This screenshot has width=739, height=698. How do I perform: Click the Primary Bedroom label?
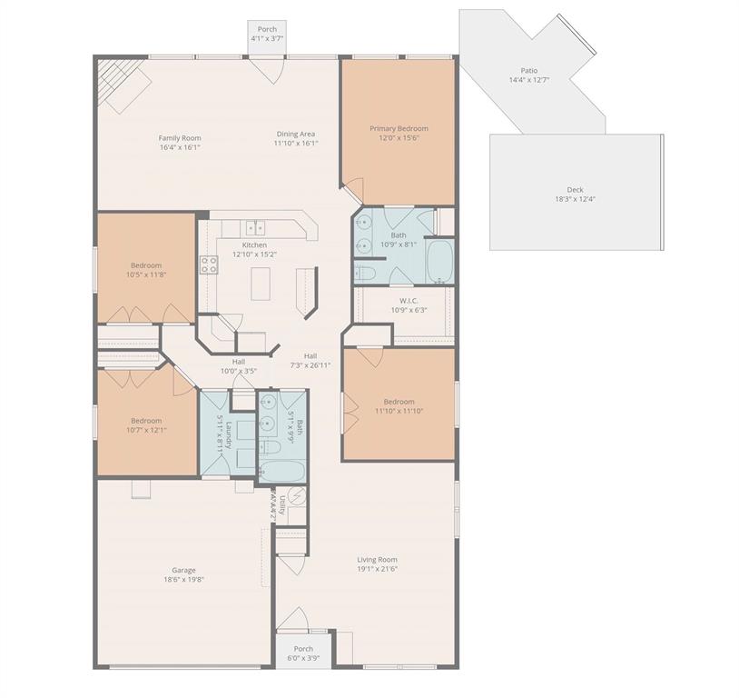pyautogui.click(x=399, y=129)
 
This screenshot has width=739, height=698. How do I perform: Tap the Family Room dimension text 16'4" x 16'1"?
pyautogui.click(x=179, y=147)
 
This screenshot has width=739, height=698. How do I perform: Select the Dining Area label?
pyautogui.click(x=296, y=135)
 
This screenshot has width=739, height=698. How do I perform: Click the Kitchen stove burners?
pyautogui.click(x=209, y=264)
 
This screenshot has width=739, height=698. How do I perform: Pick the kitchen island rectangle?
pyautogui.click(x=262, y=285)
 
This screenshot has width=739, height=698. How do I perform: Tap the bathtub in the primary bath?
pyautogui.click(x=439, y=262)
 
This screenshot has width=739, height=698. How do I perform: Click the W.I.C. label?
pyautogui.click(x=408, y=301)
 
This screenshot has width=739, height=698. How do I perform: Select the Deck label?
pyautogui.click(x=575, y=190)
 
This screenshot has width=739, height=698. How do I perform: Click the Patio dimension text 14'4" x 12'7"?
pyautogui.click(x=528, y=80)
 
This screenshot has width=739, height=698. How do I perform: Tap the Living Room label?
pyautogui.click(x=377, y=560)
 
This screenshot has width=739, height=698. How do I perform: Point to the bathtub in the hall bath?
pyautogui.click(x=281, y=470)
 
